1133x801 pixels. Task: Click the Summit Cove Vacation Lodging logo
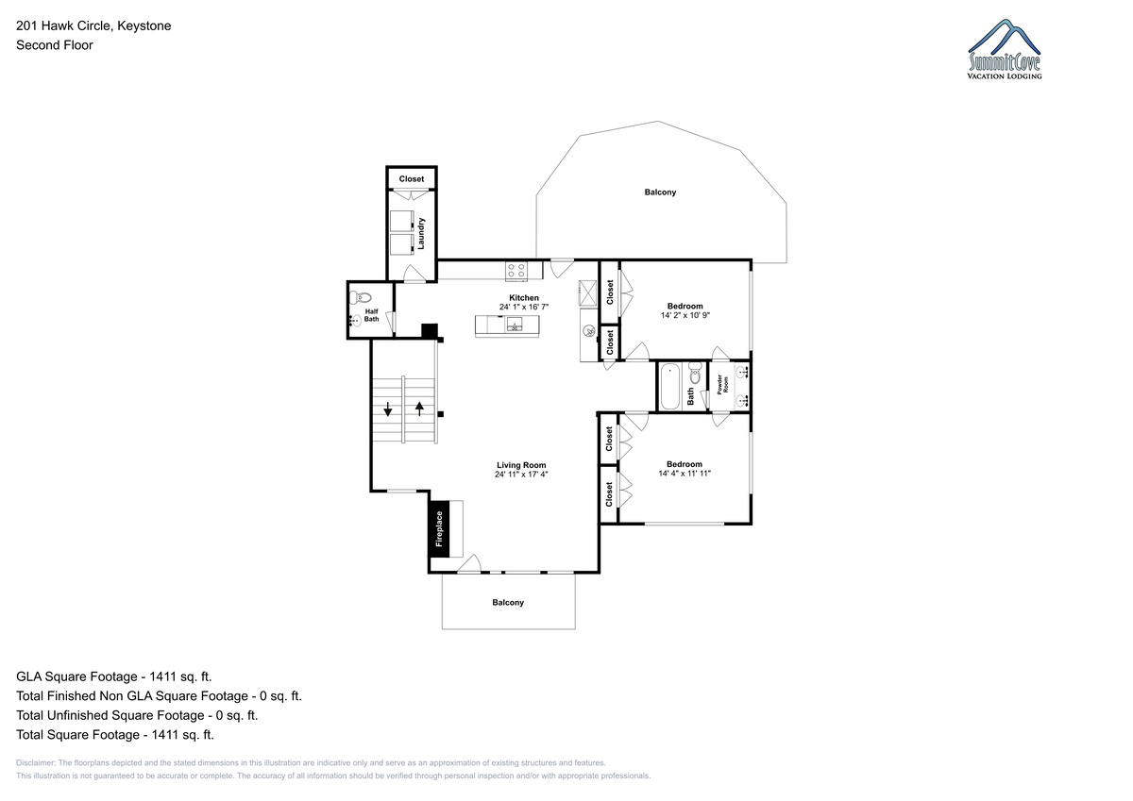(1004, 49)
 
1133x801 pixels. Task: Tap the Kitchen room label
(523, 297)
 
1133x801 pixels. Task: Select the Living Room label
(521, 465)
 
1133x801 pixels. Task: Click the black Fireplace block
(439, 528)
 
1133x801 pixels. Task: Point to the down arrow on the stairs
(388, 409)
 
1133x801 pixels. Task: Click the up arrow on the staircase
(419, 409)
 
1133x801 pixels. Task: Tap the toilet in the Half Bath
(360, 296)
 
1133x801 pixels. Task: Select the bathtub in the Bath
(669, 387)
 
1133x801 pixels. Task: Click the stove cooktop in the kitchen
(516, 272)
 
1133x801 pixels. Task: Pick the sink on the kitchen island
(515, 324)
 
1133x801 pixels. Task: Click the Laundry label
(421, 233)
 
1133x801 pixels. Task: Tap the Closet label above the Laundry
(412, 179)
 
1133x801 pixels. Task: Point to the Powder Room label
(723, 384)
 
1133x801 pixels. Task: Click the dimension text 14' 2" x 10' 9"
(685, 315)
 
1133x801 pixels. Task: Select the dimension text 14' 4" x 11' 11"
(685, 474)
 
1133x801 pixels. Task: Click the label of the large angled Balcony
(660, 192)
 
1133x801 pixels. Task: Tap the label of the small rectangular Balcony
(508, 602)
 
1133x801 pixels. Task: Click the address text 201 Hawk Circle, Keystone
(93, 25)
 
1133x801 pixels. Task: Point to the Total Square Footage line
(115, 735)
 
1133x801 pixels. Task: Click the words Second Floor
(55, 45)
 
